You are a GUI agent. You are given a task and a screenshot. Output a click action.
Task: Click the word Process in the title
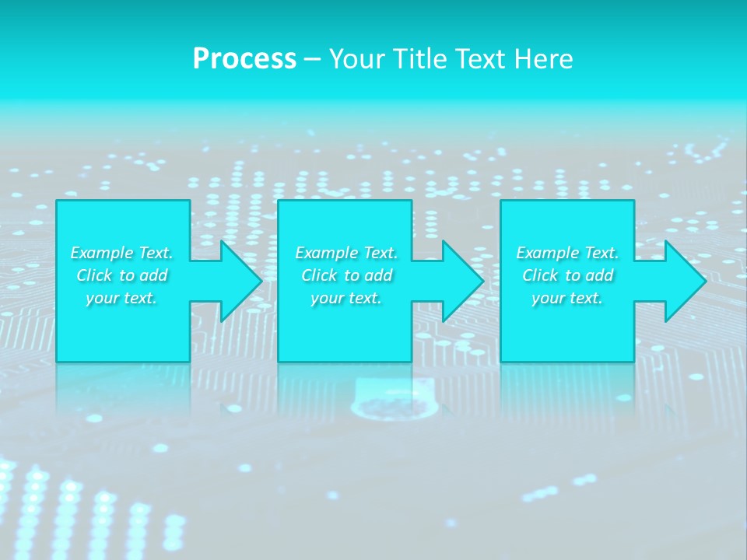click(244, 59)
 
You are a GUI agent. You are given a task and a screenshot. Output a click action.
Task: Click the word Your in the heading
click(357, 59)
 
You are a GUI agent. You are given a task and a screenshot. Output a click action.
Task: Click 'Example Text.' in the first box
click(122, 253)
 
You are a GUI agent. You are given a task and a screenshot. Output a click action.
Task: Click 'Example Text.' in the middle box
click(346, 253)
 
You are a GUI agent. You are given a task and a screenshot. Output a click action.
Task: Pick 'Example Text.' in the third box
click(567, 253)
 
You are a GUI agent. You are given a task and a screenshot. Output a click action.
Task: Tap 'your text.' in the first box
click(122, 298)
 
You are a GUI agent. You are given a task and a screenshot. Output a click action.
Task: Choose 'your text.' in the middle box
click(346, 298)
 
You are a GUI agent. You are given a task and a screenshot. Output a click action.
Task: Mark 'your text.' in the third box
click(567, 298)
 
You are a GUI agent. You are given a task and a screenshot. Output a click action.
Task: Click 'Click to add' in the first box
click(122, 275)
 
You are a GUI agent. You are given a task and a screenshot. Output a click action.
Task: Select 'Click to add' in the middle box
click(346, 275)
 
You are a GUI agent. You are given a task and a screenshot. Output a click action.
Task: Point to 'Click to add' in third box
click(567, 275)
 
